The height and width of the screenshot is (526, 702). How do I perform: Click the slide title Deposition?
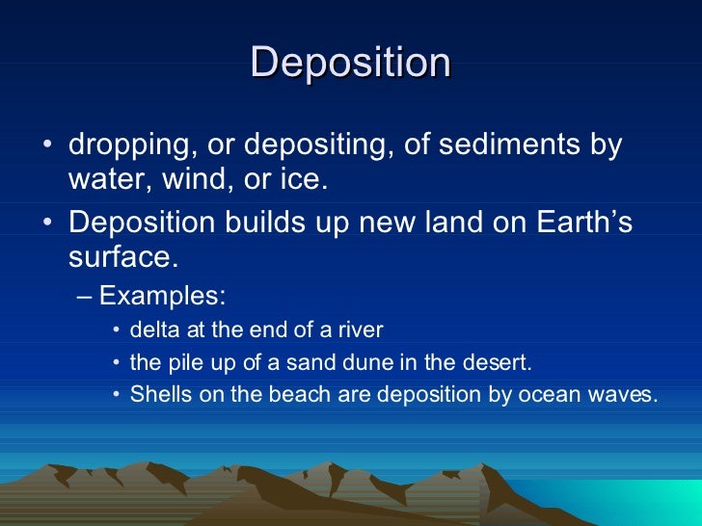coord(351,64)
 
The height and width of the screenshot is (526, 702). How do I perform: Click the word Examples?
coord(163,296)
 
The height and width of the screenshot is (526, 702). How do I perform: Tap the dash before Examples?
coord(84,296)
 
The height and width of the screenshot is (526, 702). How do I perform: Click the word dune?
coord(378,362)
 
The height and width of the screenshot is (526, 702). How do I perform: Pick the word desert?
coord(499,362)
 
